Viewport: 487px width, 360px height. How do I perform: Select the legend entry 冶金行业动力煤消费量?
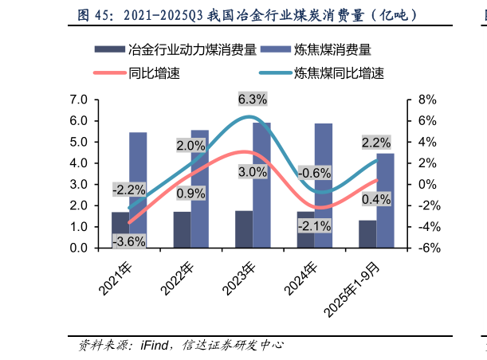tap(191, 49)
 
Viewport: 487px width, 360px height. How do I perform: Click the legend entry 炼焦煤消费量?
tap(332, 49)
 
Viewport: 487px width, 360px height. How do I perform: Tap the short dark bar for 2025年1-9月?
tap(367, 234)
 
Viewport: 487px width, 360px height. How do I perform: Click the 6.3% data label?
tap(252, 100)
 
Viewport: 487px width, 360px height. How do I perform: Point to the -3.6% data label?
tap(128, 241)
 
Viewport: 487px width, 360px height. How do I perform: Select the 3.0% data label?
tap(252, 171)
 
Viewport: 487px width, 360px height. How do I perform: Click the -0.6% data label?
tap(313, 174)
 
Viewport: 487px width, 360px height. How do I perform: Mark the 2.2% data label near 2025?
tap(375, 143)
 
